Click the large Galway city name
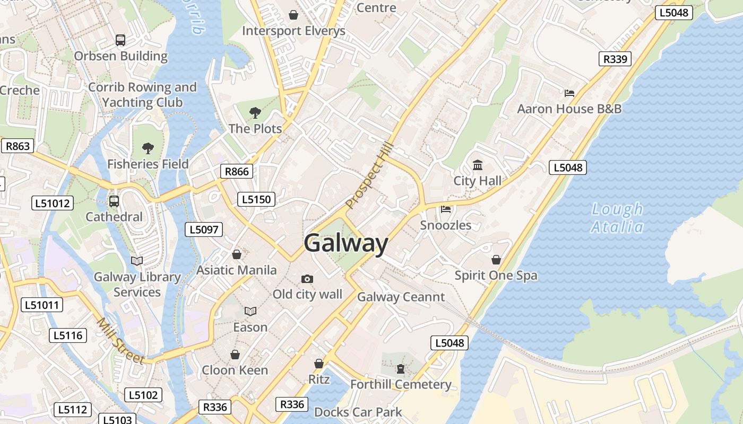pyautogui.click(x=346, y=243)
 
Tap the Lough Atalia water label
pyautogui.click(x=617, y=218)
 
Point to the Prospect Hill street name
pyautogui.click(x=369, y=175)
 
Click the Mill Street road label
pyautogui.click(x=120, y=341)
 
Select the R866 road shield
pyautogui.click(x=237, y=171)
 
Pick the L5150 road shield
pyautogui.click(x=256, y=199)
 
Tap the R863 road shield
pyautogui.click(x=18, y=146)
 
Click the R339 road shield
pyautogui.click(x=615, y=59)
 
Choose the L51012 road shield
pyautogui.click(x=52, y=203)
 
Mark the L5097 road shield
pyautogui.click(x=204, y=229)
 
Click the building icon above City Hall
pyautogui.click(x=478, y=165)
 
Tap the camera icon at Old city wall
pyautogui.click(x=307, y=279)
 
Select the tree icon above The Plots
pyautogui.click(x=255, y=112)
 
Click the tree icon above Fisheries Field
pyautogui.click(x=148, y=148)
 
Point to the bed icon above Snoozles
pyautogui.click(x=446, y=209)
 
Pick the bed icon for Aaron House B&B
pyautogui.click(x=569, y=93)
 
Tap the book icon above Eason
pyautogui.click(x=250, y=311)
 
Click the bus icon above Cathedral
pyautogui.click(x=114, y=201)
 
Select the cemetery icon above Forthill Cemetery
pyautogui.click(x=401, y=368)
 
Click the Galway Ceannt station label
pyautogui.click(x=401, y=297)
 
